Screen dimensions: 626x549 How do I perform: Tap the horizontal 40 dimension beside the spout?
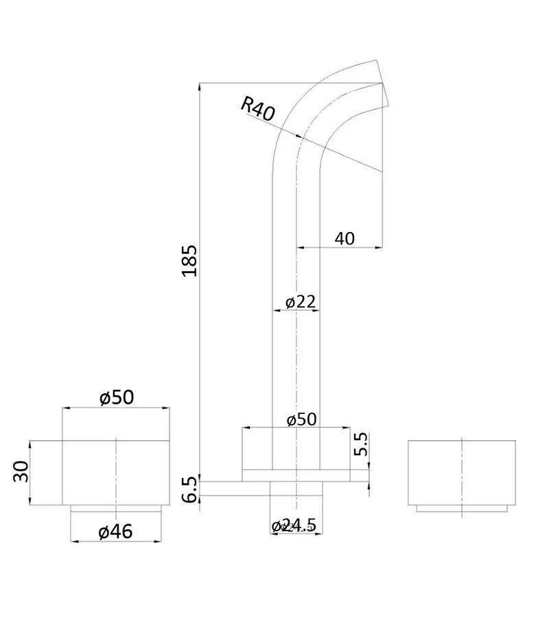344,238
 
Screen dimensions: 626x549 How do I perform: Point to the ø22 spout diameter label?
299,301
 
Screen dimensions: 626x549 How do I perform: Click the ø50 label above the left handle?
116,397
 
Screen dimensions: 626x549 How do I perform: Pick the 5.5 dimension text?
361,444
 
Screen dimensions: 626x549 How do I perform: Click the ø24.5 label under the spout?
294,526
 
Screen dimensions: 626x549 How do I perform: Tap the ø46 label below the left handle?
115,531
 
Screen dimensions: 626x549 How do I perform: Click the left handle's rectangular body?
116,472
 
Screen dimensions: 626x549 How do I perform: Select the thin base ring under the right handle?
461,509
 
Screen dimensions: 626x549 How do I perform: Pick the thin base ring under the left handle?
116,509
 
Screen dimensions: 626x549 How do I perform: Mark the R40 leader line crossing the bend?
343,155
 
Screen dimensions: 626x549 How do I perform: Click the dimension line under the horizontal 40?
339,247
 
